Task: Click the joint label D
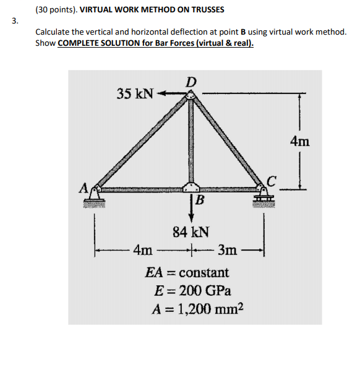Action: pyautogui.click(x=192, y=82)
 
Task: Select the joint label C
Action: pyautogui.click(x=273, y=179)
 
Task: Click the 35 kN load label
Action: pyautogui.click(x=135, y=94)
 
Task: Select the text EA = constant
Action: pyautogui.click(x=187, y=272)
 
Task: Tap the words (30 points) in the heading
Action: pyautogui.click(x=56, y=10)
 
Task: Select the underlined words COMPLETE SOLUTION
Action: pyautogui.click(x=95, y=44)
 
